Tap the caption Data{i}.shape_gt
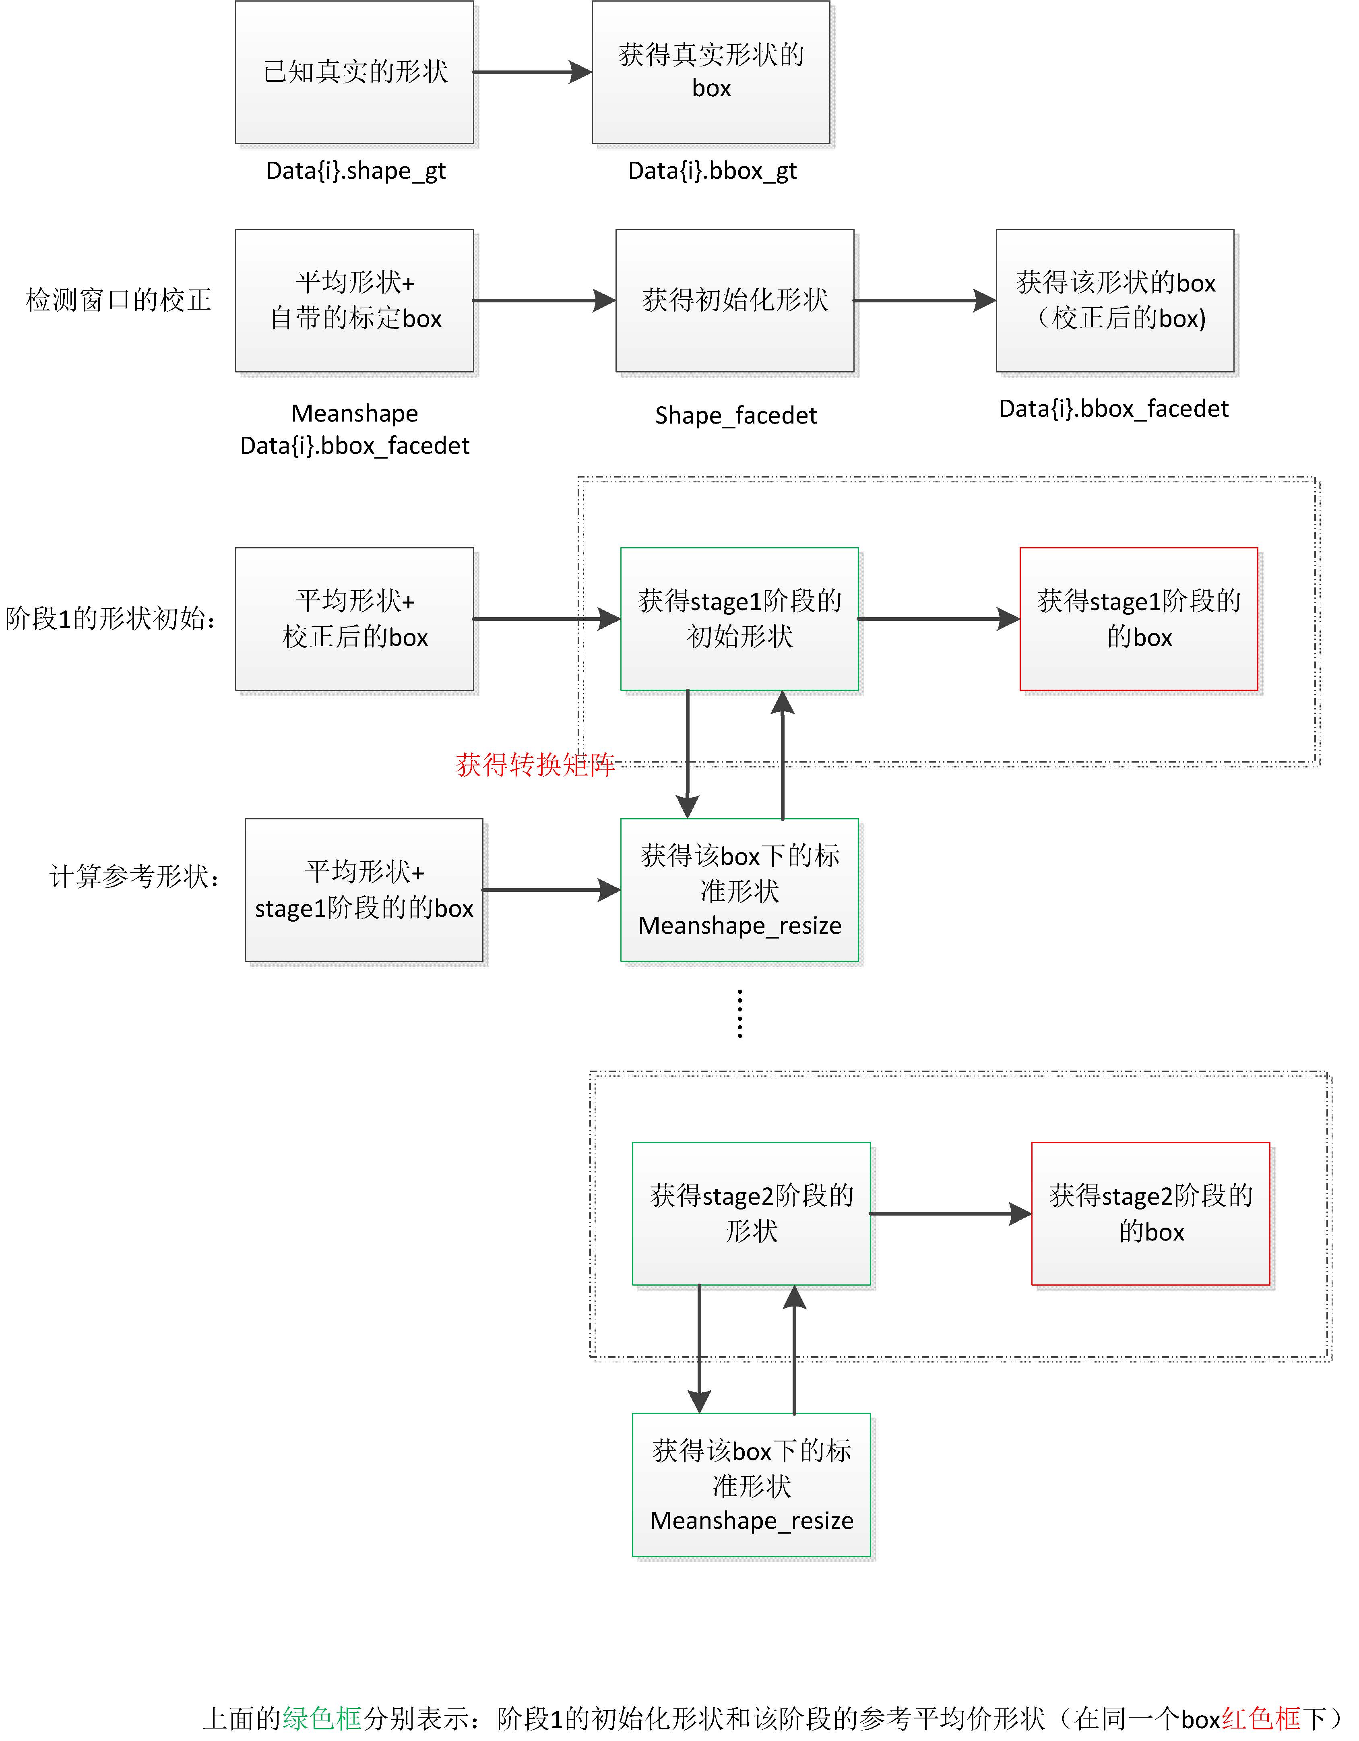(x=355, y=171)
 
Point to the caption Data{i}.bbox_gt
(x=712, y=171)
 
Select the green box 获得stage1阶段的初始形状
(x=739, y=618)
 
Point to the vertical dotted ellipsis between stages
(x=739, y=1014)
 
